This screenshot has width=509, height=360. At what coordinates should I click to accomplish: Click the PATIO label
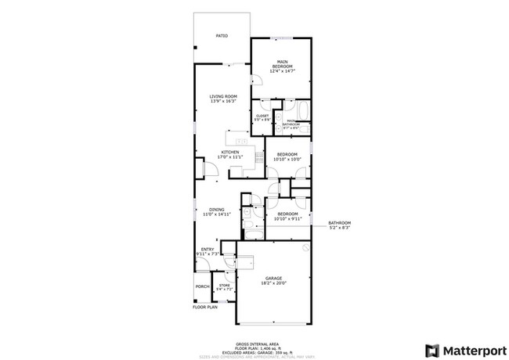(x=222, y=36)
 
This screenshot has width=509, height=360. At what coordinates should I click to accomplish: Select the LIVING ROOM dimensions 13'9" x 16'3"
(x=222, y=101)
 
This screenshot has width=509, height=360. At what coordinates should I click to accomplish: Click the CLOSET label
(x=262, y=116)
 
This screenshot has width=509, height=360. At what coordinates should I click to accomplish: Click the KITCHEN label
(x=229, y=152)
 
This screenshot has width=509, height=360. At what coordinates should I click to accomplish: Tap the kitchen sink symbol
(x=242, y=141)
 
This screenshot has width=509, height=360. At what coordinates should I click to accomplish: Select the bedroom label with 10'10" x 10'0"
(x=287, y=155)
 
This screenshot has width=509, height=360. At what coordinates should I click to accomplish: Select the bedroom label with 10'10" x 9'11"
(x=287, y=214)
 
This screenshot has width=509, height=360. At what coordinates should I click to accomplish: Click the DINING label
(x=217, y=209)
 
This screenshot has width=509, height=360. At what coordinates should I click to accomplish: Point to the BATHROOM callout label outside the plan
(x=339, y=223)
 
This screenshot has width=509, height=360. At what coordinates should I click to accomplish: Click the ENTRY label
(x=207, y=249)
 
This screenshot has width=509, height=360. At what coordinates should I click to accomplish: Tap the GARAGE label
(x=273, y=278)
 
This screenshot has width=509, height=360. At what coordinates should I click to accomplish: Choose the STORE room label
(x=225, y=286)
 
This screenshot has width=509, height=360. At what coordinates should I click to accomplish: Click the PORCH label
(x=202, y=287)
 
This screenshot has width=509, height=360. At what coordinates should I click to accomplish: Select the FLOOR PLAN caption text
(x=204, y=307)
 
